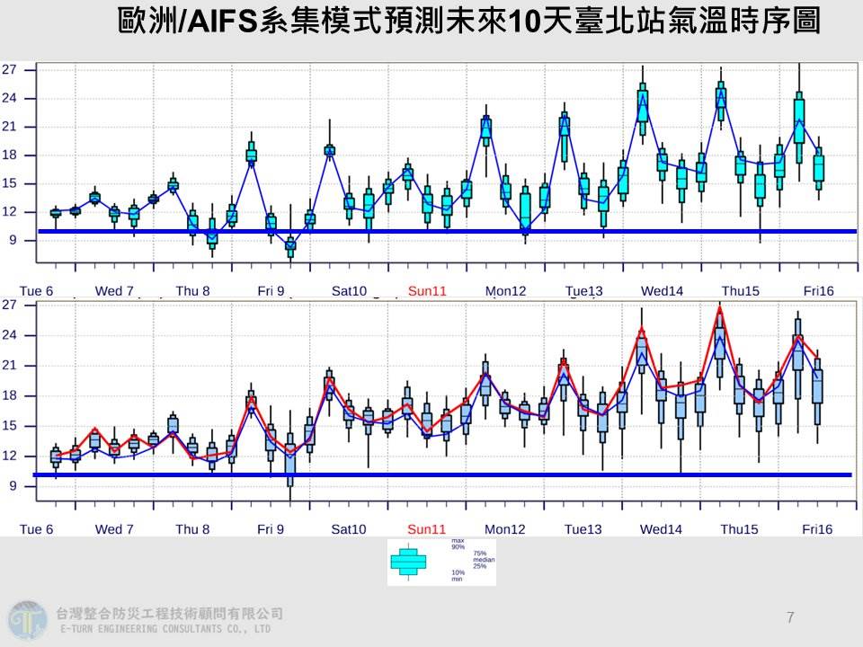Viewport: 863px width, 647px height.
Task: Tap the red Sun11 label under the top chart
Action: [427, 291]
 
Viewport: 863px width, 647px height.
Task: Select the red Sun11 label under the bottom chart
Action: [427, 529]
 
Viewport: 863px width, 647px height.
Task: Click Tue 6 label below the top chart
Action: [37, 291]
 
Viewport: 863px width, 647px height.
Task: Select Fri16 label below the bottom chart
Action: [819, 529]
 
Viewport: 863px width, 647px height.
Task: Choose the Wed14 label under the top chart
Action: [662, 291]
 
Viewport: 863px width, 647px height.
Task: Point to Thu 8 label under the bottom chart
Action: [192, 529]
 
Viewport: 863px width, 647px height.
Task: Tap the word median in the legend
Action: [484, 559]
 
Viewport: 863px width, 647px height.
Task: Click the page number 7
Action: [790, 616]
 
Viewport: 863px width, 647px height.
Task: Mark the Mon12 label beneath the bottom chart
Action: [506, 529]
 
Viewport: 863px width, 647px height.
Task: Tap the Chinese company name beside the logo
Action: [169, 613]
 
